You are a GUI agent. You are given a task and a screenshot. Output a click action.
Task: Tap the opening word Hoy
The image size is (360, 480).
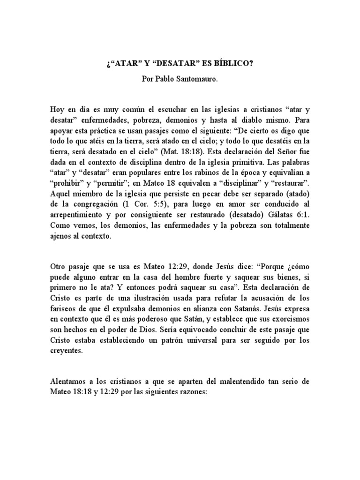click(x=57, y=109)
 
